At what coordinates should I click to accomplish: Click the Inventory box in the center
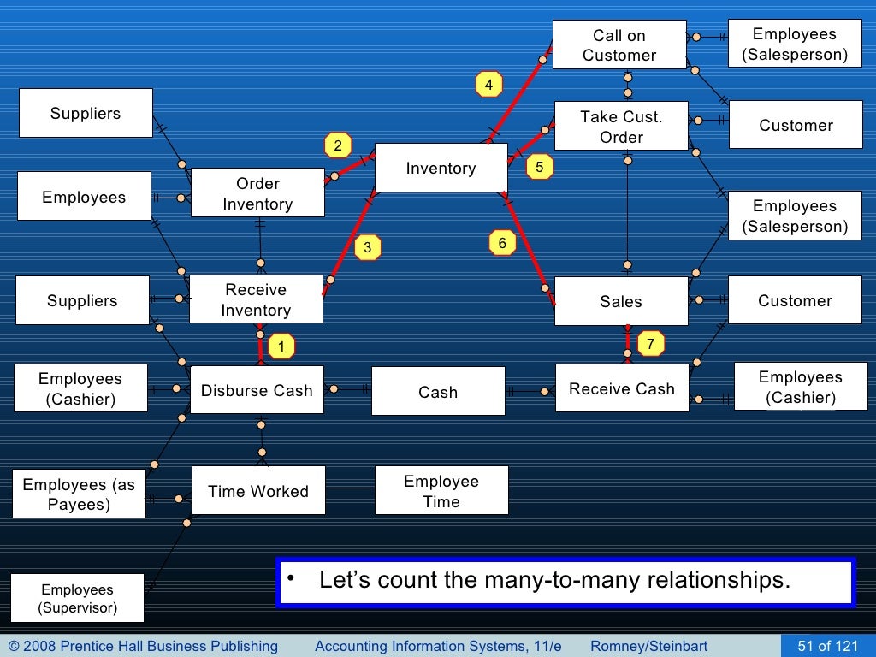coord(441,169)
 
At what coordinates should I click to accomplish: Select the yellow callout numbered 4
coord(488,85)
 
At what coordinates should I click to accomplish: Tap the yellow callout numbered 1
coord(281,347)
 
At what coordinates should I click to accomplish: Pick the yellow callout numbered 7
coord(650,344)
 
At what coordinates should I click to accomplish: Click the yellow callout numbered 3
coord(367,248)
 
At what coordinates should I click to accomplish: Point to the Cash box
coord(438,392)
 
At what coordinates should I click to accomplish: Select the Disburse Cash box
coord(257,390)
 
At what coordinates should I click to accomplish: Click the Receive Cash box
coord(622,388)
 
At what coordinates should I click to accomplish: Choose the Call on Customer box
coord(619,45)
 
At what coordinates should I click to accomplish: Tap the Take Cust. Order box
coord(621,127)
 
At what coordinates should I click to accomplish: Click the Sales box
coord(621,301)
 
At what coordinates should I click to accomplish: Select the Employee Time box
coord(441,491)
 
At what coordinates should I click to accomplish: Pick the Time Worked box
coord(258,491)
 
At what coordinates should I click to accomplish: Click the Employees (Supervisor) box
coord(77,599)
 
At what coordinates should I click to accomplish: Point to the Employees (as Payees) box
coord(79,494)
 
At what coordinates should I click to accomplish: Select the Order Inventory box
coord(257,193)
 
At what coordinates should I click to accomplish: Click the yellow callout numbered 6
coord(502,244)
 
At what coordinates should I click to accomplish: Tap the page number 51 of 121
coord(827,646)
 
